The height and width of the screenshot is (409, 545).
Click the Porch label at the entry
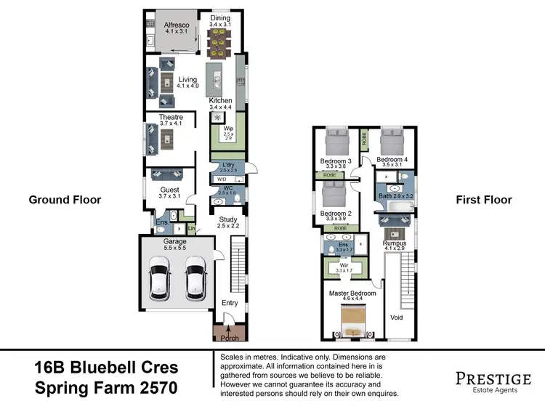pos(230,338)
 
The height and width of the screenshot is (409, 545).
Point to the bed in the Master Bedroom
pos(352,320)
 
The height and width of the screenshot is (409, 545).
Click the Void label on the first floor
pos(397,317)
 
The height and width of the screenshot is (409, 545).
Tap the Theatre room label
pos(171,118)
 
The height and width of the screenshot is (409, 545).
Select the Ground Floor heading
pos(64,200)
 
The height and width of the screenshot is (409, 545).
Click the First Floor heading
pos(483,200)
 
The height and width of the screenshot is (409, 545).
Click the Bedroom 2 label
pos(336,213)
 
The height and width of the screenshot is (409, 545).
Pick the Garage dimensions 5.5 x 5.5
pos(174,248)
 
